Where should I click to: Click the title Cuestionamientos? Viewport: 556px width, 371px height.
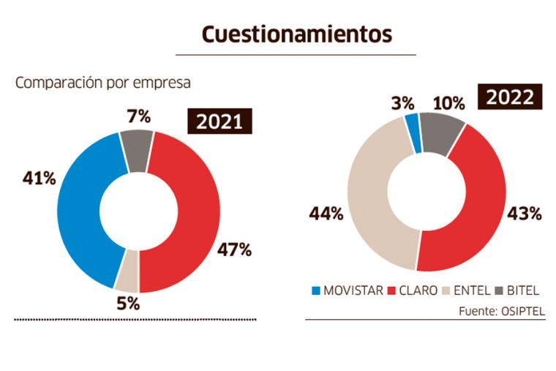coord(297,34)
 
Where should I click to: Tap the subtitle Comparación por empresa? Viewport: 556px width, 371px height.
coord(103,83)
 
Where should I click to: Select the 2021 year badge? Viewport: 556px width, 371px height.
coord(219,121)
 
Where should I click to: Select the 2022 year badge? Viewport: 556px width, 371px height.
coord(510,97)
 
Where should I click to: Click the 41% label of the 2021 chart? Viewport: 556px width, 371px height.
coord(39,179)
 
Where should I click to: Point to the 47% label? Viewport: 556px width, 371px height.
coord(234,250)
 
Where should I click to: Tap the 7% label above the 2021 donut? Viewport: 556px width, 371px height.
coord(139,116)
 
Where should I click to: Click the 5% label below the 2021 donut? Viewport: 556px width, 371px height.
coord(128,304)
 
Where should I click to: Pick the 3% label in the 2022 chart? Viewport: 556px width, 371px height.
coord(403,104)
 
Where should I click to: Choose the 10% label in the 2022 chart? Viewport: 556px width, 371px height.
coord(449,104)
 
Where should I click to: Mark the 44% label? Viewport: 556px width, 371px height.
coord(326,214)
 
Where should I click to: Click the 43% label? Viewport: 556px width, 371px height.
coord(525,214)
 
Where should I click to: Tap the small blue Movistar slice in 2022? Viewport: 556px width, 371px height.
coord(414,133)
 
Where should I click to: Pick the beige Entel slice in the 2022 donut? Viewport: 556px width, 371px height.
coord(369,198)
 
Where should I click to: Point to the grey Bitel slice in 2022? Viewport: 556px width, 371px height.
coord(440,133)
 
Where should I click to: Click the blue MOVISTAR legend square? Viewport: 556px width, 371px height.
coord(316,291)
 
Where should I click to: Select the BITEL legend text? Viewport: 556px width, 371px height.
coord(523,291)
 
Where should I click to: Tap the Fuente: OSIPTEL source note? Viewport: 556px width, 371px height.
coord(502,311)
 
